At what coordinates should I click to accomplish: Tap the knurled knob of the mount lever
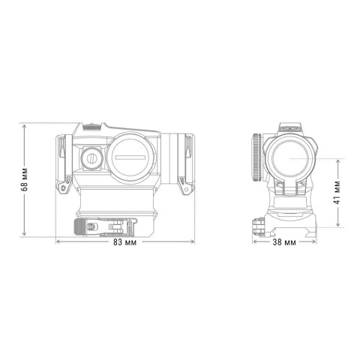click(79, 226)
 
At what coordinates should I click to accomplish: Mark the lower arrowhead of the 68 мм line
click(25, 236)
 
